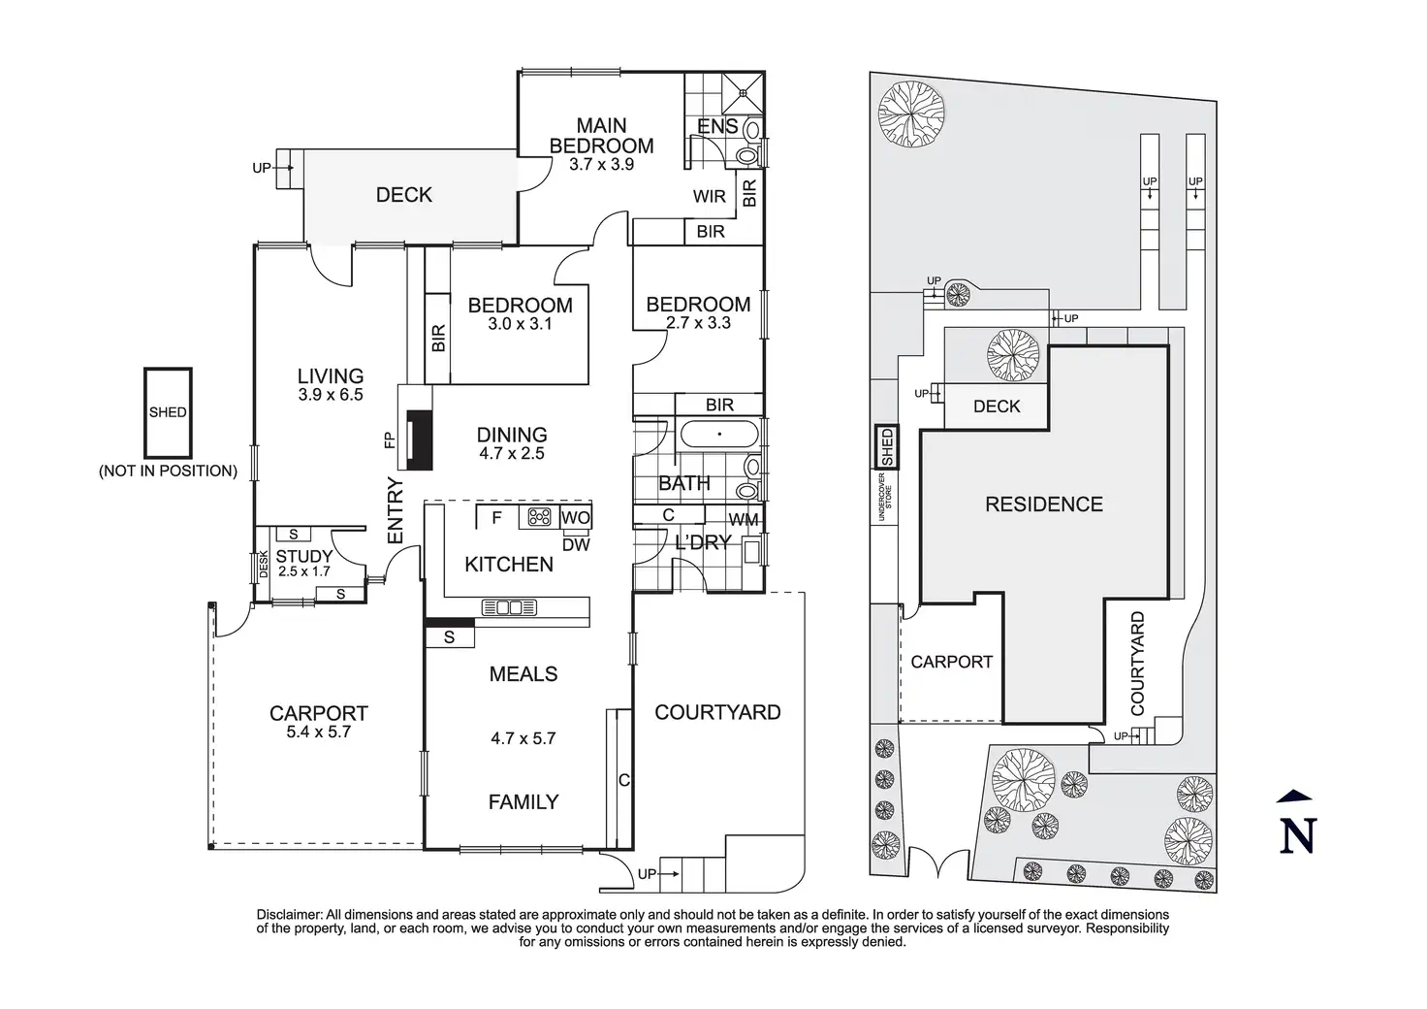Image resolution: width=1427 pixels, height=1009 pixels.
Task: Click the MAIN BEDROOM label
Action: pos(601,136)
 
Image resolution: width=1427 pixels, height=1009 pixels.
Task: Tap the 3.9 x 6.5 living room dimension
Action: pos(330,395)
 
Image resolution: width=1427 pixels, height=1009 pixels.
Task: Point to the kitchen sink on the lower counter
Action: pos(509,608)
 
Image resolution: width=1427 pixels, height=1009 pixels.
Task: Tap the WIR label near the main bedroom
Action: pos(709,197)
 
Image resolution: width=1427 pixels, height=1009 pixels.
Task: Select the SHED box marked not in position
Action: pos(168,412)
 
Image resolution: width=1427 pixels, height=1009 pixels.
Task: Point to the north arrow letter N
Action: pos(1299,834)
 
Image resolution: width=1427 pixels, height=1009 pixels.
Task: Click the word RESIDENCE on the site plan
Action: pos(1043,504)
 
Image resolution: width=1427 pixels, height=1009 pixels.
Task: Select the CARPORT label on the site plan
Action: pos(951,662)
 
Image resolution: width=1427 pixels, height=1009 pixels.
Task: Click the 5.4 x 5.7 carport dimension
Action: pos(318,732)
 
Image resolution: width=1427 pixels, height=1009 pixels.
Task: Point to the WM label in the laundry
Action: pos(744,520)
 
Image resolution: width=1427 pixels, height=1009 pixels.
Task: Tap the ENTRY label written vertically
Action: pos(395,510)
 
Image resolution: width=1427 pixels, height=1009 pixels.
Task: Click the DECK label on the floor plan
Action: pos(403,195)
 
